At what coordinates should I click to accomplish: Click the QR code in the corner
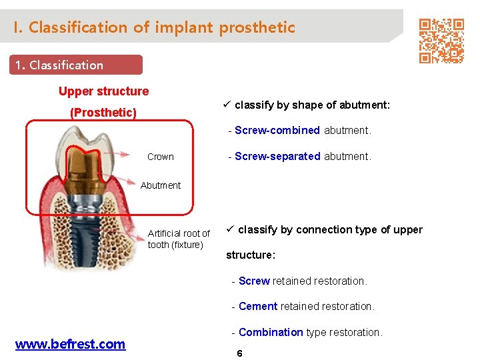(x=441, y=40)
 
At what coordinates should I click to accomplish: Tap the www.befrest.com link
(x=70, y=344)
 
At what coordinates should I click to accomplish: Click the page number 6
(x=239, y=353)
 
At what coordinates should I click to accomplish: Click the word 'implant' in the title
(x=183, y=27)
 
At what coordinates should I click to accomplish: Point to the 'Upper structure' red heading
(x=103, y=91)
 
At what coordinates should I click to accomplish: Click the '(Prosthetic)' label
(x=103, y=112)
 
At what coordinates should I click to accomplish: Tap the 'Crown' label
(x=160, y=157)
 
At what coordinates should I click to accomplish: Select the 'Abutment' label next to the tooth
(x=160, y=185)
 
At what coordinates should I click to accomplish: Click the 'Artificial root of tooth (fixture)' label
(x=178, y=239)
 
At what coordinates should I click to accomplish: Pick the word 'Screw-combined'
(x=277, y=131)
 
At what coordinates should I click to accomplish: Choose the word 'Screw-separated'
(x=277, y=157)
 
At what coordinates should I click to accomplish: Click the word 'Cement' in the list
(x=258, y=307)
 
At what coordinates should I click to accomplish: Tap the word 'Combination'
(x=271, y=332)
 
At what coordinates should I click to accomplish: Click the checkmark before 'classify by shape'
(x=227, y=105)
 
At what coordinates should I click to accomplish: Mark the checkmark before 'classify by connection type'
(x=230, y=229)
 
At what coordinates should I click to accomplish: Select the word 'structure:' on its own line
(x=251, y=255)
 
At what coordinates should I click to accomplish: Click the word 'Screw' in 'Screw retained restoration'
(x=254, y=281)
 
